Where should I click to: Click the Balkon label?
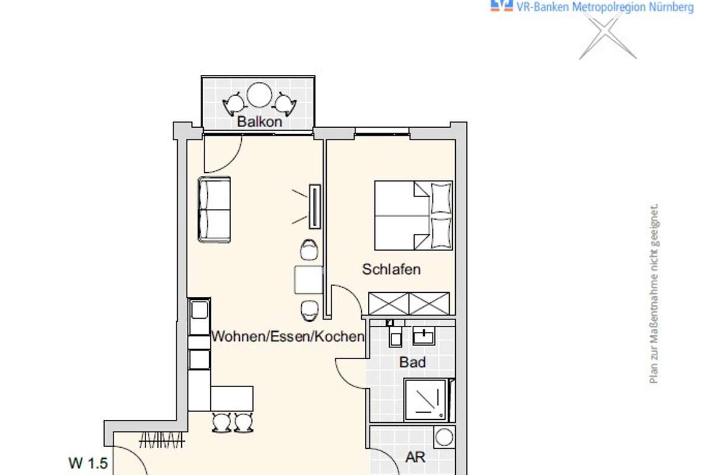260,122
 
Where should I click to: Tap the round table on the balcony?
260,95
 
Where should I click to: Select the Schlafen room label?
391,269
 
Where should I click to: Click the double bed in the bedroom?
414,216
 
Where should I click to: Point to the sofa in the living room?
214,210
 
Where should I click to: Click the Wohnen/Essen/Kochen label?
288,336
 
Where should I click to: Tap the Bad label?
412,362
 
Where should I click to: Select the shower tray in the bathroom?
426,400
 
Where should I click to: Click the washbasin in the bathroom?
424,335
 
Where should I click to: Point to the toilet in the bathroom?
395,336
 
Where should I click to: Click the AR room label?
415,457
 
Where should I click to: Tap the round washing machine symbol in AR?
444,437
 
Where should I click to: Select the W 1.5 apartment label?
88,463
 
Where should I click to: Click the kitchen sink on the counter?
200,310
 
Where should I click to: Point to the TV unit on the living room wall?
315,207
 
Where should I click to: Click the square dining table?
308,280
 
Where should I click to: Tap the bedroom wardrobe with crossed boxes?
409,303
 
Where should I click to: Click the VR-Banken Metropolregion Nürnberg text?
605,7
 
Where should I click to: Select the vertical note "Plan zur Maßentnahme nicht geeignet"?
654,293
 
